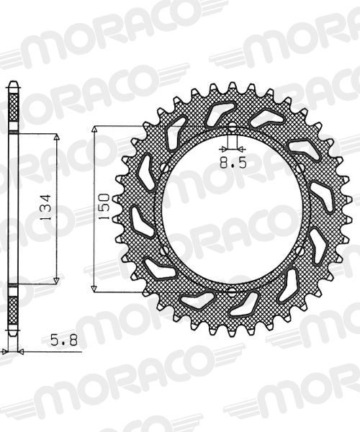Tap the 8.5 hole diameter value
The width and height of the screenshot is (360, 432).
[233, 163]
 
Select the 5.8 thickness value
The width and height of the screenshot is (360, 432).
[64, 341]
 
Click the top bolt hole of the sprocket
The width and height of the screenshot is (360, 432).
[232, 126]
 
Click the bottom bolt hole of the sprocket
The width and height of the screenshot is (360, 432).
[232, 291]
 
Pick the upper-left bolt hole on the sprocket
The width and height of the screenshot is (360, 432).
[165, 167]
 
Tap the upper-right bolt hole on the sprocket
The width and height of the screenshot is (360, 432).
[300, 167]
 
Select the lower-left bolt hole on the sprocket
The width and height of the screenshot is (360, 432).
[165, 250]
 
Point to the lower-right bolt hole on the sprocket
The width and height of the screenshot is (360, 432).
[300, 250]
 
